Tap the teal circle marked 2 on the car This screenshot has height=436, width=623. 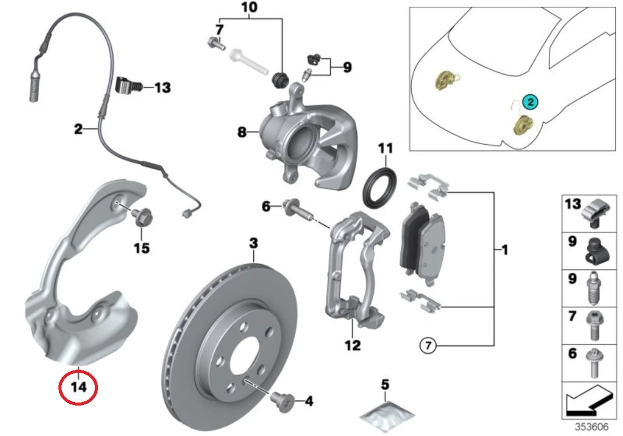tap(531, 102)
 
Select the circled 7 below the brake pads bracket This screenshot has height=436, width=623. tap(426, 345)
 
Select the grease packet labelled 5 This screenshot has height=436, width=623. tap(388, 414)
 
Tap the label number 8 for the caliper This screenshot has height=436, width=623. tap(242, 132)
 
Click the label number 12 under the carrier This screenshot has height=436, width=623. tap(353, 344)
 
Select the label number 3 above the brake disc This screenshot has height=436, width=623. tap(253, 242)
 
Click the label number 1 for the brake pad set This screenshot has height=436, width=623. tap(503, 251)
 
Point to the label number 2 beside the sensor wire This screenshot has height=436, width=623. tap(78, 128)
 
